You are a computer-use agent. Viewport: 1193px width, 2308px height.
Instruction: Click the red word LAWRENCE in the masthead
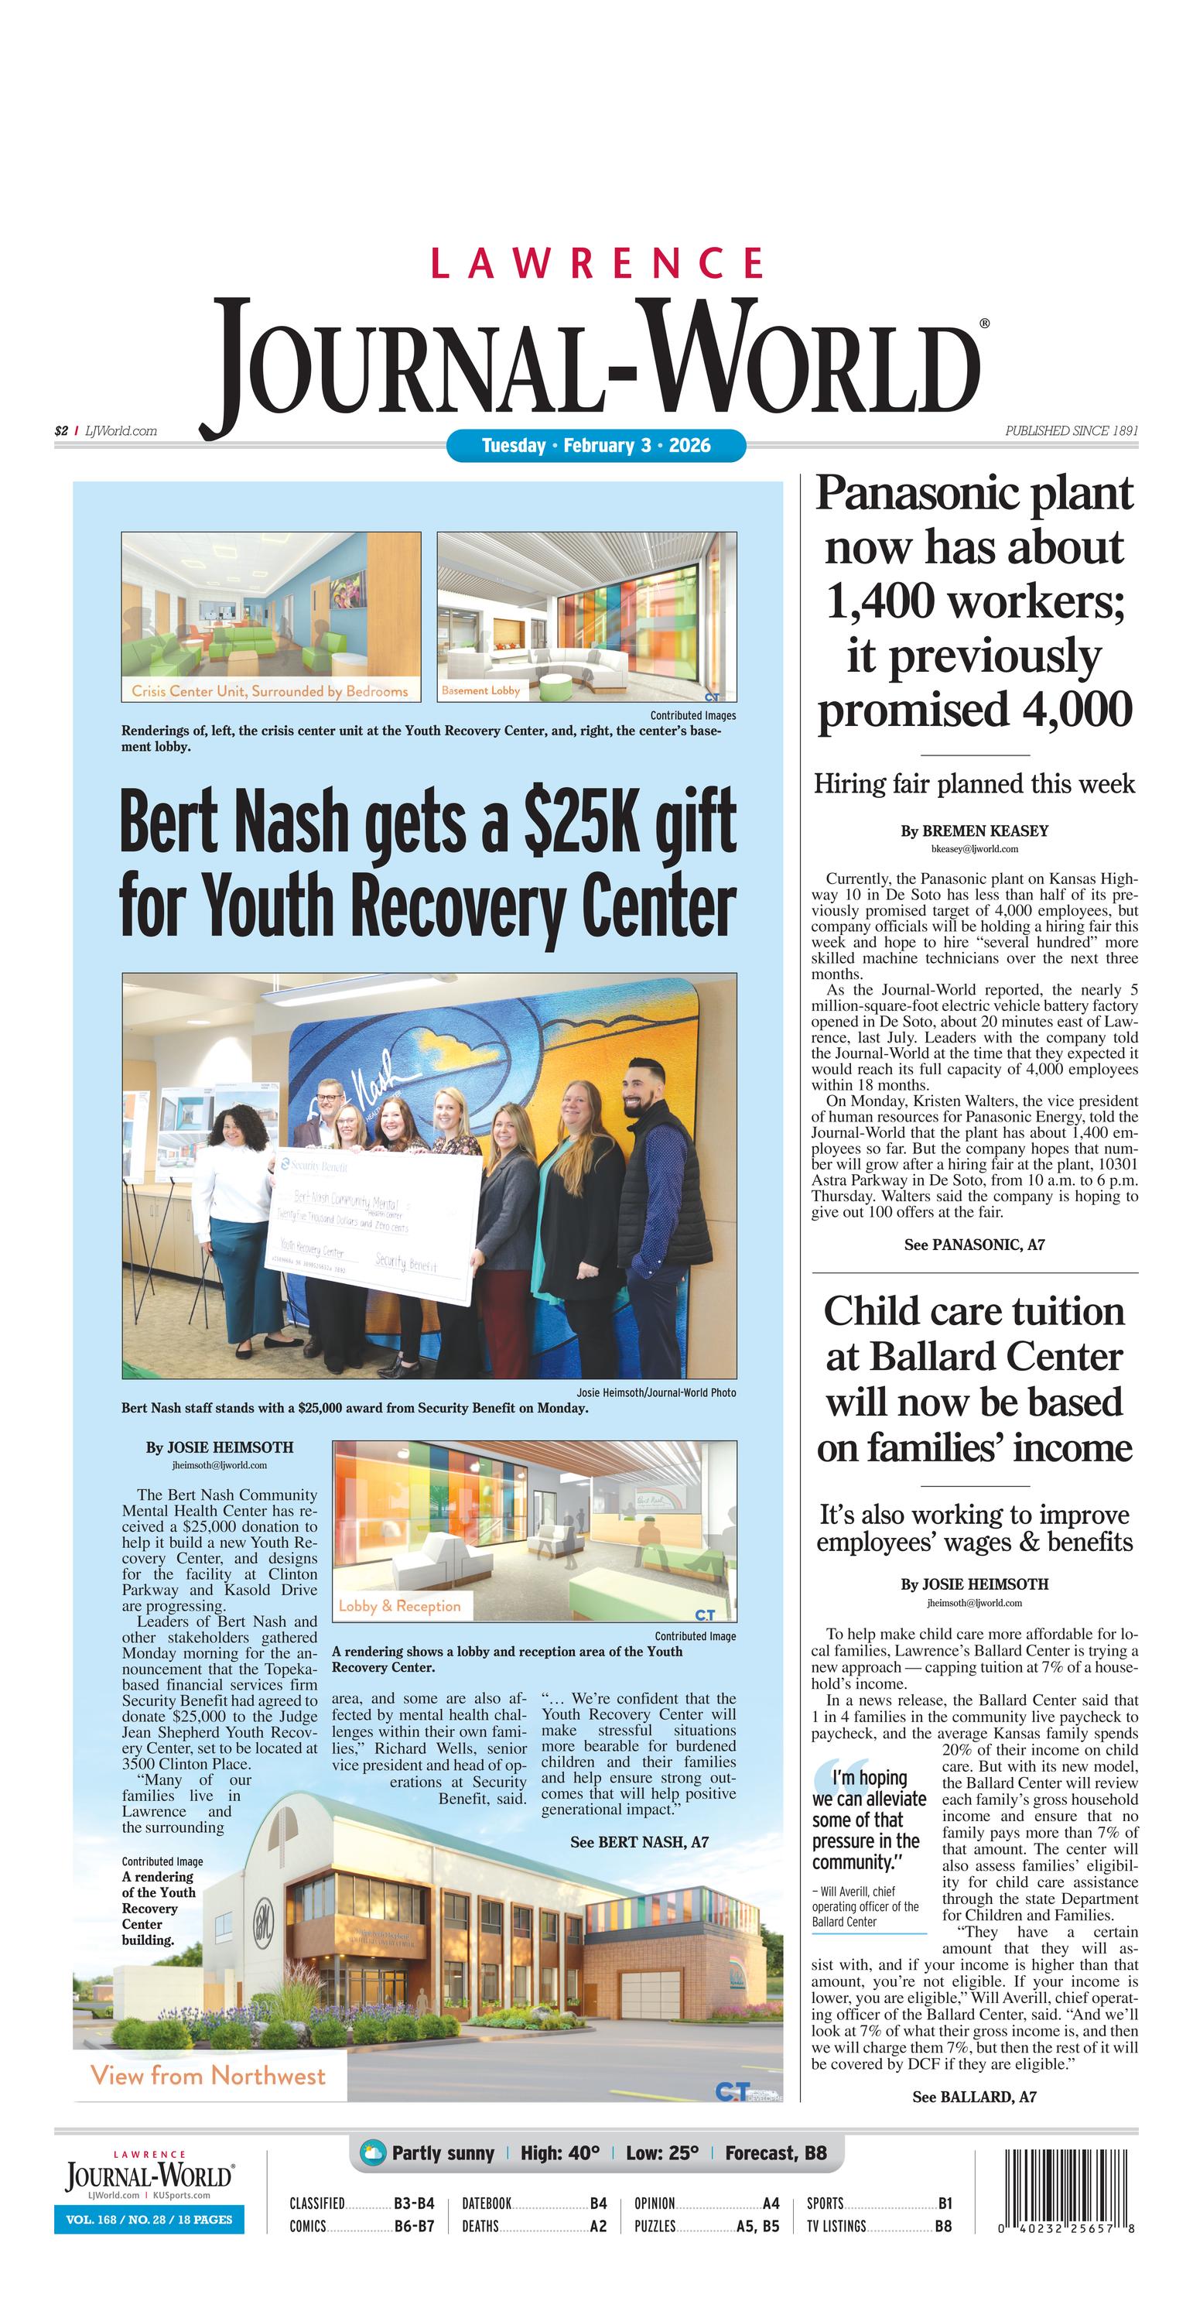(596, 263)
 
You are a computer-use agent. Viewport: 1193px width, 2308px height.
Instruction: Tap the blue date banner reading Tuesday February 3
(596, 445)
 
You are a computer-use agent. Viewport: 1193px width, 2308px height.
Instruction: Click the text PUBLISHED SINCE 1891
(1072, 431)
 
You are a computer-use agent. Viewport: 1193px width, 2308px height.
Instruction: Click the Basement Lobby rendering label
(481, 691)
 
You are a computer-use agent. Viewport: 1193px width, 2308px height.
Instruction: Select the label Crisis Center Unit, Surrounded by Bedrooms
(269, 691)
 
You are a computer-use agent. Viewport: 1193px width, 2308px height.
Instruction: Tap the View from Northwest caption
(208, 2076)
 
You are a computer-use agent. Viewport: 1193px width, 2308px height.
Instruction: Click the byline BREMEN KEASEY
(975, 830)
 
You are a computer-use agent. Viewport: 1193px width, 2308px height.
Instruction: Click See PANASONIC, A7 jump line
(975, 1245)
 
